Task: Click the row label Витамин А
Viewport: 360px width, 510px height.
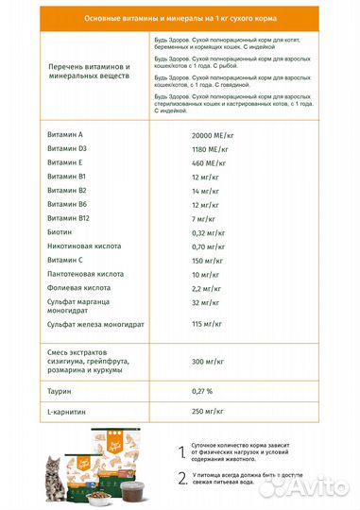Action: pos(65,135)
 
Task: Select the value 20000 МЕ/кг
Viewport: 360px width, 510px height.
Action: pos(213,135)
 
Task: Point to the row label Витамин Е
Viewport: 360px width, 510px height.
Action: pos(65,162)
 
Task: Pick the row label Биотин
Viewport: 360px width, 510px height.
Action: pos(60,231)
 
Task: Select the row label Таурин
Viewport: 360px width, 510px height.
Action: pos(60,389)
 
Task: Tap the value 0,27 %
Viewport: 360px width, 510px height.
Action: pos(202,389)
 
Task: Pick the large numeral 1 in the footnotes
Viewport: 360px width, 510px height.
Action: pos(182,453)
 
